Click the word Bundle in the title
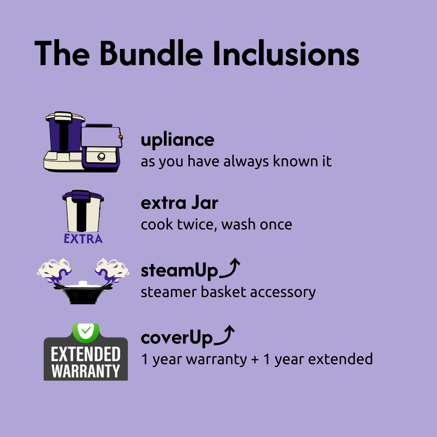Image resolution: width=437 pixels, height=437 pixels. (x=151, y=54)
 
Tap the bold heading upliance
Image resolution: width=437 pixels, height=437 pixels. (x=177, y=140)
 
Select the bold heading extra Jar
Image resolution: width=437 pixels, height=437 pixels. (x=179, y=203)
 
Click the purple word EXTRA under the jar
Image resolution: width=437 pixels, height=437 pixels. (x=83, y=239)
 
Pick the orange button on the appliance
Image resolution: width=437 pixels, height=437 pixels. (x=121, y=137)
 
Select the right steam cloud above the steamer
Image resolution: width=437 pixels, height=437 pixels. (x=112, y=269)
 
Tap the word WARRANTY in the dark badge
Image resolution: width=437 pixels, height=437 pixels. (x=86, y=371)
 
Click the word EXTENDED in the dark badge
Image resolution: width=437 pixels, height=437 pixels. (x=86, y=354)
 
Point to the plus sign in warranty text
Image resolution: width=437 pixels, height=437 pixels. (x=255, y=359)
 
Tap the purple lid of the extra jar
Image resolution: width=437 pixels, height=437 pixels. (x=83, y=197)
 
